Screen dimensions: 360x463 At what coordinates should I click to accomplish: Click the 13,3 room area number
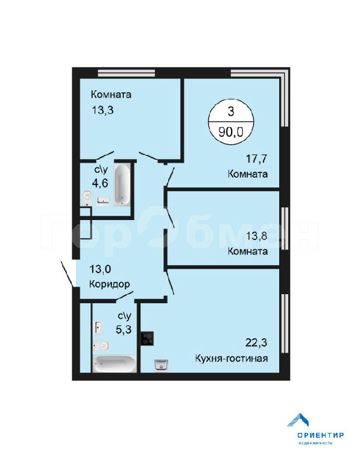103,110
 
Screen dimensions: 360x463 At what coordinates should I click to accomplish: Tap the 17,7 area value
257,159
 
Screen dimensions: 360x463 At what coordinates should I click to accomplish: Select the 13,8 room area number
257,236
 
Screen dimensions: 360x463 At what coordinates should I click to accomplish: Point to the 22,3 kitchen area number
256,343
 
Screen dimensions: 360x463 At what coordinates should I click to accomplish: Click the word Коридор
109,285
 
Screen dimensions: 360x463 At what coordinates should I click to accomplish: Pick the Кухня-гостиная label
231,359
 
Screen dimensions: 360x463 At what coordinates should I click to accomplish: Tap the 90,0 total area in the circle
231,132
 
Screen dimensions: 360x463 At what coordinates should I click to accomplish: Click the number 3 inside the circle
231,112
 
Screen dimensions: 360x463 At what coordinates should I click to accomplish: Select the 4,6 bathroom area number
100,183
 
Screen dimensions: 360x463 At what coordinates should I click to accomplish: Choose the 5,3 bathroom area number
124,329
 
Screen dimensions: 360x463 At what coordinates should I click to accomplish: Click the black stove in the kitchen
147,338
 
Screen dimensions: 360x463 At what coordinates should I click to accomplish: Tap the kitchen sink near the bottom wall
161,365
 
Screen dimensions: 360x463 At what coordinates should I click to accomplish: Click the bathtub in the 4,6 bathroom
122,185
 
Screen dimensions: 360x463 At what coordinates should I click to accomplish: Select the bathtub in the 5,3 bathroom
115,364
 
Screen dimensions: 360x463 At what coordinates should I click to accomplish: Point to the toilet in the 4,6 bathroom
87,198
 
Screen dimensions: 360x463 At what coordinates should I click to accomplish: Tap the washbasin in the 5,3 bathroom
99,328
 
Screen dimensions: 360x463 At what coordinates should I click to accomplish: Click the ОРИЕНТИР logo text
320,435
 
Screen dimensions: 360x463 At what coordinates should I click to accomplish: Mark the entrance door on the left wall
68,274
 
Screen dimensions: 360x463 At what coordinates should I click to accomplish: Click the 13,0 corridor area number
100,269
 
